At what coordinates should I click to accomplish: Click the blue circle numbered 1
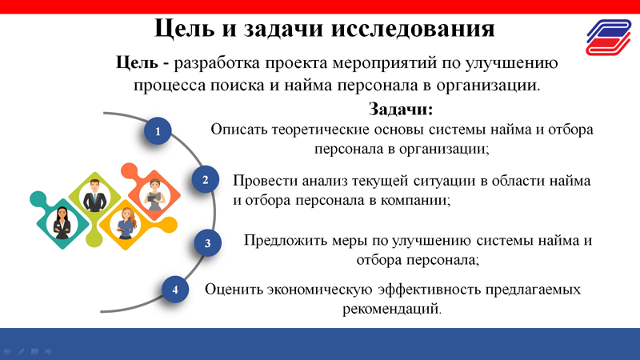pyautogui.click(x=158, y=131)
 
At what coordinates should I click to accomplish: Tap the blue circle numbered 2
pyautogui.click(x=206, y=179)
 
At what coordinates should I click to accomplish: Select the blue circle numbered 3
pyautogui.click(x=207, y=243)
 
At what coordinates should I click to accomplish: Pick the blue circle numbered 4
pyautogui.click(x=175, y=290)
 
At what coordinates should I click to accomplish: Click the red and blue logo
pyautogui.click(x=609, y=37)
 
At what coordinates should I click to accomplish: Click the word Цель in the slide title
pyautogui.click(x=185, y=29)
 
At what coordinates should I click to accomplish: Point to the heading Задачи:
pyautogui.click(x=401, y=109)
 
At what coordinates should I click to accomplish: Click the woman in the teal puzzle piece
pyautogui.click(x=62, y=223)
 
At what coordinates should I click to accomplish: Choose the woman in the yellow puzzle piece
pyautogui.click(x=126, y=224)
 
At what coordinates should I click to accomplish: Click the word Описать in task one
pyautogui.click(x=239, y=130)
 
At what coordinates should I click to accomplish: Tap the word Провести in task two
pyautogui.click(x=266, y=181)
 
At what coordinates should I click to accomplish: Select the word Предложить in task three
pyautogui.click(x=286, y=241)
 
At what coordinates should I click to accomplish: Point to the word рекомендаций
pyautogui.click(x=392, y=309)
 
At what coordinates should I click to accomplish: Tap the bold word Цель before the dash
pyautogui.click(x=137, y=63)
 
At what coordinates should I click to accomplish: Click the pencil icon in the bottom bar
pyautogui.click(x=21, y=351)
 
